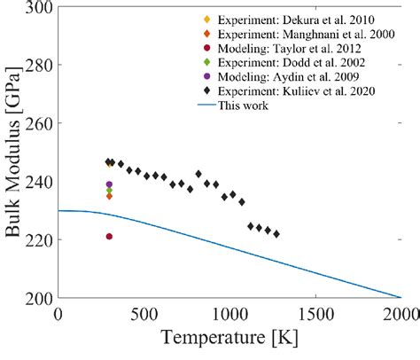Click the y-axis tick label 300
(36, 9)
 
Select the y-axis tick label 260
(36, 124)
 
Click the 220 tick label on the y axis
(36, 240)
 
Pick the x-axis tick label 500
(144, 313)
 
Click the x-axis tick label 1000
(229, 313)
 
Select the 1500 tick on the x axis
(315, 313)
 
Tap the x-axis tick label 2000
(400, 313)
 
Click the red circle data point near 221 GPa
(109, 237)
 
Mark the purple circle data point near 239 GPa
(109, 184)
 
